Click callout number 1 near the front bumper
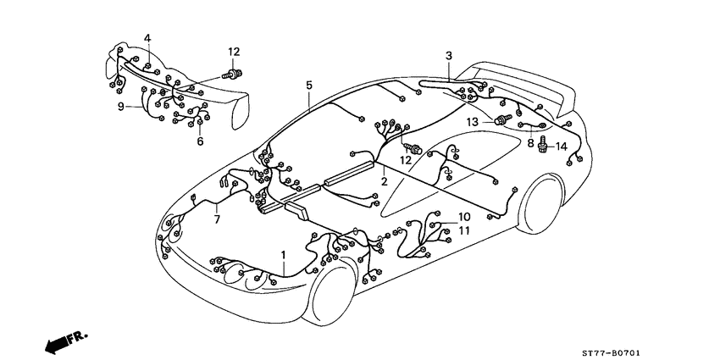283,255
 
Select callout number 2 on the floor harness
384,181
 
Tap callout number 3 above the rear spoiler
449,56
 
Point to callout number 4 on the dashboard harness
147,38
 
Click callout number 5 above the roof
309,85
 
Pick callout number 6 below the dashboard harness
200,141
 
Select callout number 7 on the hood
217,220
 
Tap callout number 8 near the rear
530,143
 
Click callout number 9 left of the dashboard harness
121,107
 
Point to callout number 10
464,216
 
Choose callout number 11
464,230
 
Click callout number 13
473,122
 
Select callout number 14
562,147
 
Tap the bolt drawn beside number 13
502,119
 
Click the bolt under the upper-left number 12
232,74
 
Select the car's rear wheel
540,204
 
